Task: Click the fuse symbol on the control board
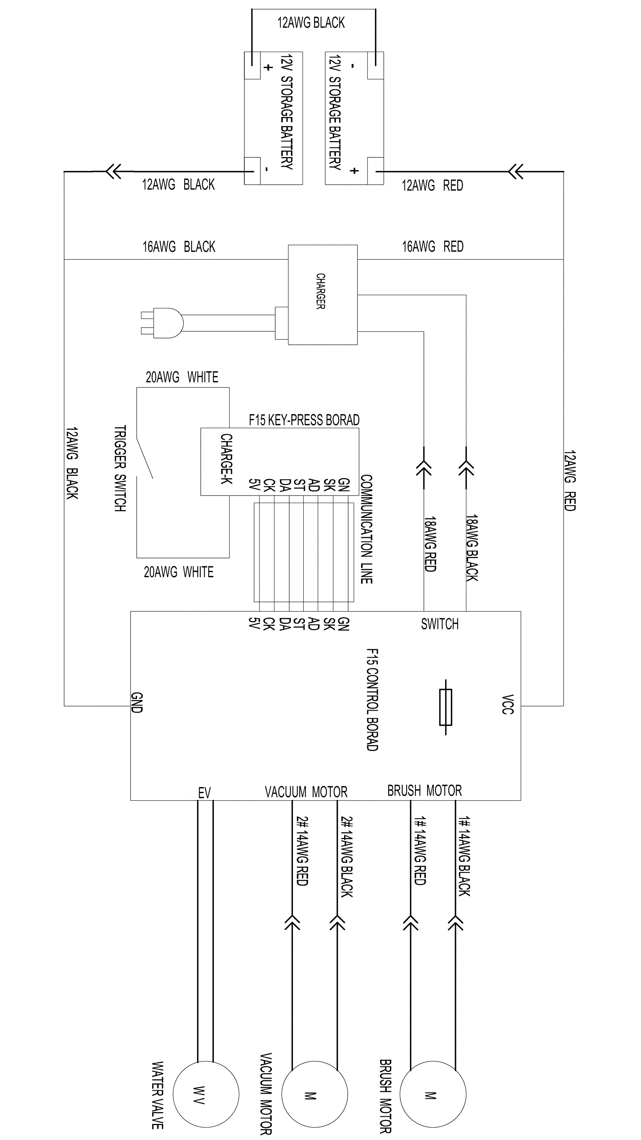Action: coord(445,707)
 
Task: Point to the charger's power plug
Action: coord(162,323)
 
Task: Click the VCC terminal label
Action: coord(507,705)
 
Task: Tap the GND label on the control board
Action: coord(137,703)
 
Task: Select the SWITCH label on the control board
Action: coord(439,624)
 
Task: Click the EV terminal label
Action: coord(204,793)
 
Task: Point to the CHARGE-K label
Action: coord(226,459)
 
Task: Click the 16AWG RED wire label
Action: coord(433,246)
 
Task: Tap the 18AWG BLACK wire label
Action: coord(472,548)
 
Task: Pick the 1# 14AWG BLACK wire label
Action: coord(464,856)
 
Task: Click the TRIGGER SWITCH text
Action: coord(120,469)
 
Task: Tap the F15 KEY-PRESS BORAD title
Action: coord(304,420)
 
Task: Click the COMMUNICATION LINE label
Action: coord(367,529)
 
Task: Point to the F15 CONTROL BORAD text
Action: coord(372,700)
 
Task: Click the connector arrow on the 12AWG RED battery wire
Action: coord(516,171)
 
